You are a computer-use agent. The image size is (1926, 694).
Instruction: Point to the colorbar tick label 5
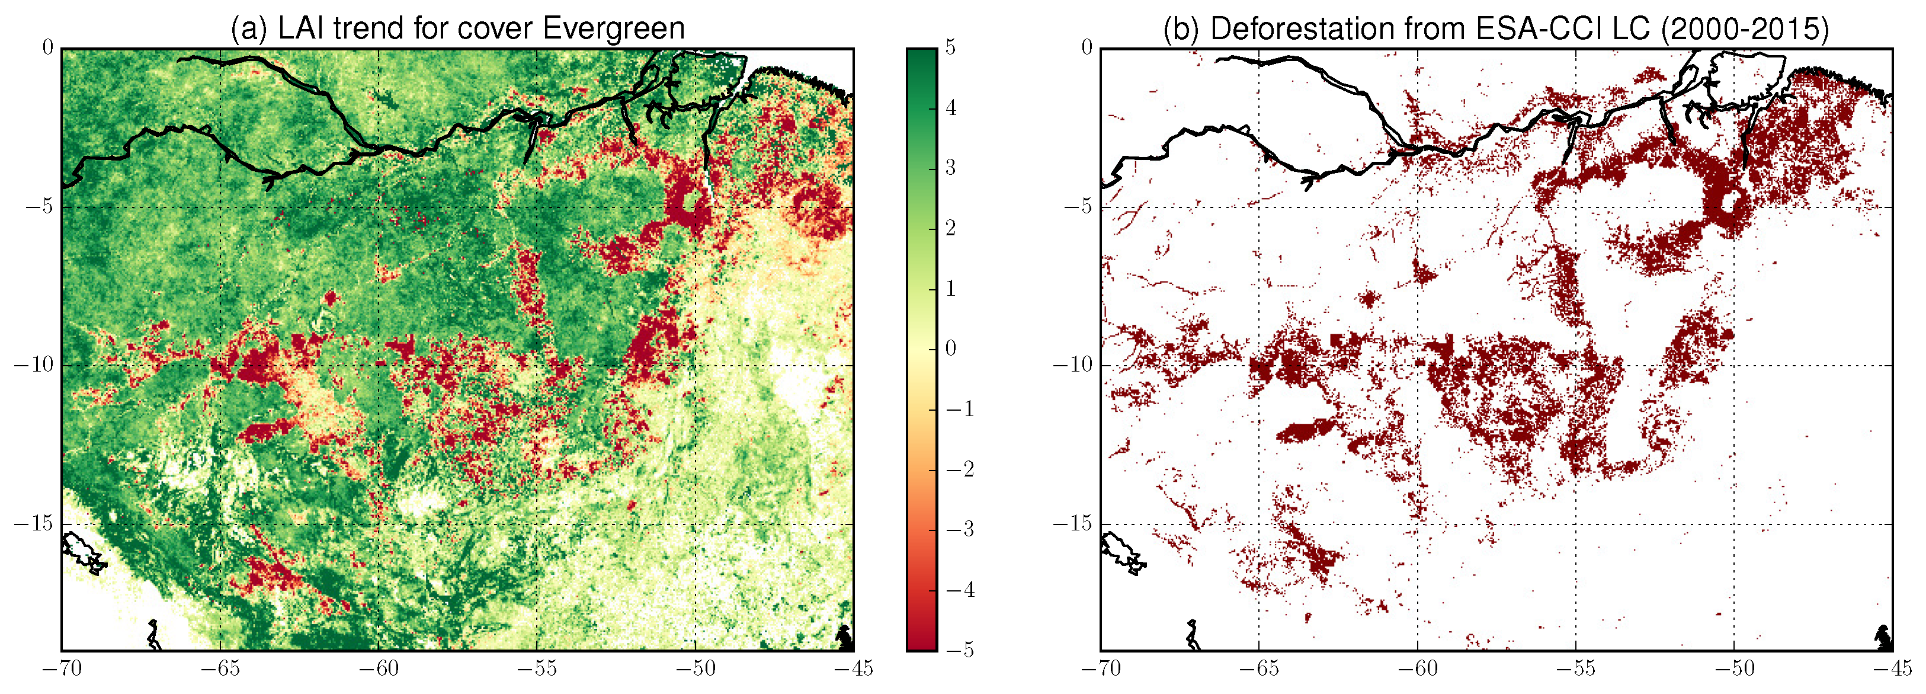[x=950, y=47]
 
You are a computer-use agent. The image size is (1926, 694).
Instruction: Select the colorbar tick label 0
[x=950, y=348]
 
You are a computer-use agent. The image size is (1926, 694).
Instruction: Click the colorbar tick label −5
[x=959, y=650]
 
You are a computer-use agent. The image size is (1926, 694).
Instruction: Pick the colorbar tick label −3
[x=959, y=529]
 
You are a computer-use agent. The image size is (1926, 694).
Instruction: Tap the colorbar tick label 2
[x=950, y=228]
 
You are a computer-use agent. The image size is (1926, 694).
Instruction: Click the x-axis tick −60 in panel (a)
[x=377, y=669]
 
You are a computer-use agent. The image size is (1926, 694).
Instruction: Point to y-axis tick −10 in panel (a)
[x=34, y=365]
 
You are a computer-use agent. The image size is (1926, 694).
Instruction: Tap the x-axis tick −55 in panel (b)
[x=1575, y=669]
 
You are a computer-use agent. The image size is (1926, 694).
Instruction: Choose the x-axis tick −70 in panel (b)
[x=1101, y=669]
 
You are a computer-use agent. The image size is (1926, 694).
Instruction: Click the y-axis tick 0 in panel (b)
[x=1087, y=48]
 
